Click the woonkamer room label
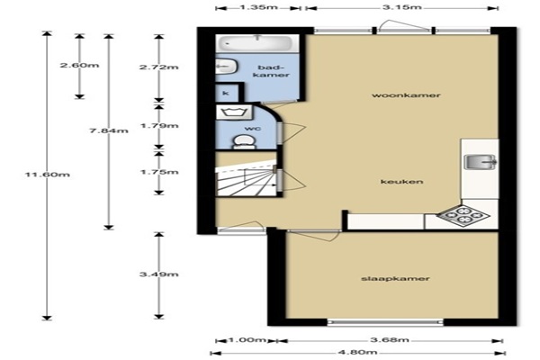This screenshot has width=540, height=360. tap(406, 95)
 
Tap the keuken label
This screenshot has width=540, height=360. tap(402, 182)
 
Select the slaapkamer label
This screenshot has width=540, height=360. tap(395, 279)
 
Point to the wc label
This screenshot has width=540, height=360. tap(252, 129)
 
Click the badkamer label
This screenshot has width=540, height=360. tap(271, 71)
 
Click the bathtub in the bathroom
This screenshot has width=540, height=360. tap(257, 44)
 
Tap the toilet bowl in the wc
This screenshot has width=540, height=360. tap(244, 142)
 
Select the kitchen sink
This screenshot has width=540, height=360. tap(481, 162)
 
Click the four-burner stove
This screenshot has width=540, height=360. tap(463, 216)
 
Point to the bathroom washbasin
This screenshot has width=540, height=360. tap(226, 66)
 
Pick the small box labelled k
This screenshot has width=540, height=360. tap(226, 93)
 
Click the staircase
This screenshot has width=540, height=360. tap(247, 179)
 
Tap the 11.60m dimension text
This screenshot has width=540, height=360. tap(47, 175)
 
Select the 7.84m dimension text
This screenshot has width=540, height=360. tap(109, 130)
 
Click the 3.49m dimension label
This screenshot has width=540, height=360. tap(158, 274)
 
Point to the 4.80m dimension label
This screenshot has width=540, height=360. tap(358, 353)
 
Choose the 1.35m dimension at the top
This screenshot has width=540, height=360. tap(258, 7)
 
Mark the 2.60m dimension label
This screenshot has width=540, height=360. tap(79, 65)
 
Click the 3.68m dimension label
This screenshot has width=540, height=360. tap(390, 340)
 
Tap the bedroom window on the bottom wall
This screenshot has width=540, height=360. tap(385, 322)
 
